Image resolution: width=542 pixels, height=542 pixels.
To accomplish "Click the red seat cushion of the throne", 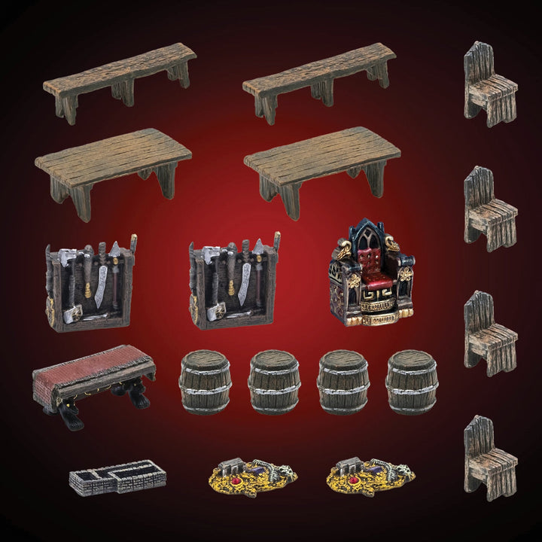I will click(x=371, y=285).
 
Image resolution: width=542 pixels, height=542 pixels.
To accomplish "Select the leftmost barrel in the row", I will click(x=205, y=382).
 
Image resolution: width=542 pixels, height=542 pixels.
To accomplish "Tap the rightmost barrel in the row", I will click(x=412, y=382).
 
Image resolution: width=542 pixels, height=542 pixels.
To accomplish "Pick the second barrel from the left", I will click(x=274, y=382).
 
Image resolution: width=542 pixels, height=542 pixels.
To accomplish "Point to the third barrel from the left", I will click(x=343, y=382).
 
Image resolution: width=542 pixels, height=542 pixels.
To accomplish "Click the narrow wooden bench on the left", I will click(x=120, y=79).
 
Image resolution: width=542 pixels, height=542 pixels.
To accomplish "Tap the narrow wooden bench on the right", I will click(x=320, y=79).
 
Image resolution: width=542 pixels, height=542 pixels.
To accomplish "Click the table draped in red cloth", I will click(x=93, y=376).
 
